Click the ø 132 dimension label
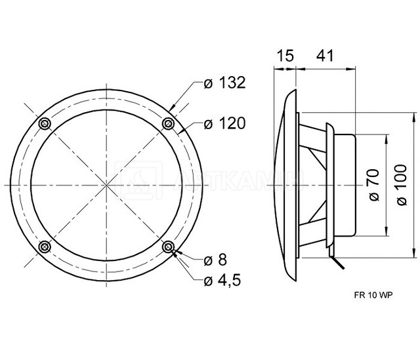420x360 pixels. pyautogui.click(x=224, y=83)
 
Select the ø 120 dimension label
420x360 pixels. pyautogui.click(x=224, y=123)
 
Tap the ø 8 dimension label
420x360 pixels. pyautogui.click(x=215, y=260)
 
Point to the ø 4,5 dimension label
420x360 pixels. pyautogui.click(x=222, y=281)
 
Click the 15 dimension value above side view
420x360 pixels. pyautogui.click(x=285, y=56)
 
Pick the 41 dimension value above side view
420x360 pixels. pyautogui.click(x=325, y=56)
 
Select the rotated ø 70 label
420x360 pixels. pyautogui.click(x=374, y=185)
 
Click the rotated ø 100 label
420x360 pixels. pyautogui.click(x=402, y=185)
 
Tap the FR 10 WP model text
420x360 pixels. pyautogui.click(x=373, y=295)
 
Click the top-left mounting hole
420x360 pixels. pyautogui.click(x=45, y=124)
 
